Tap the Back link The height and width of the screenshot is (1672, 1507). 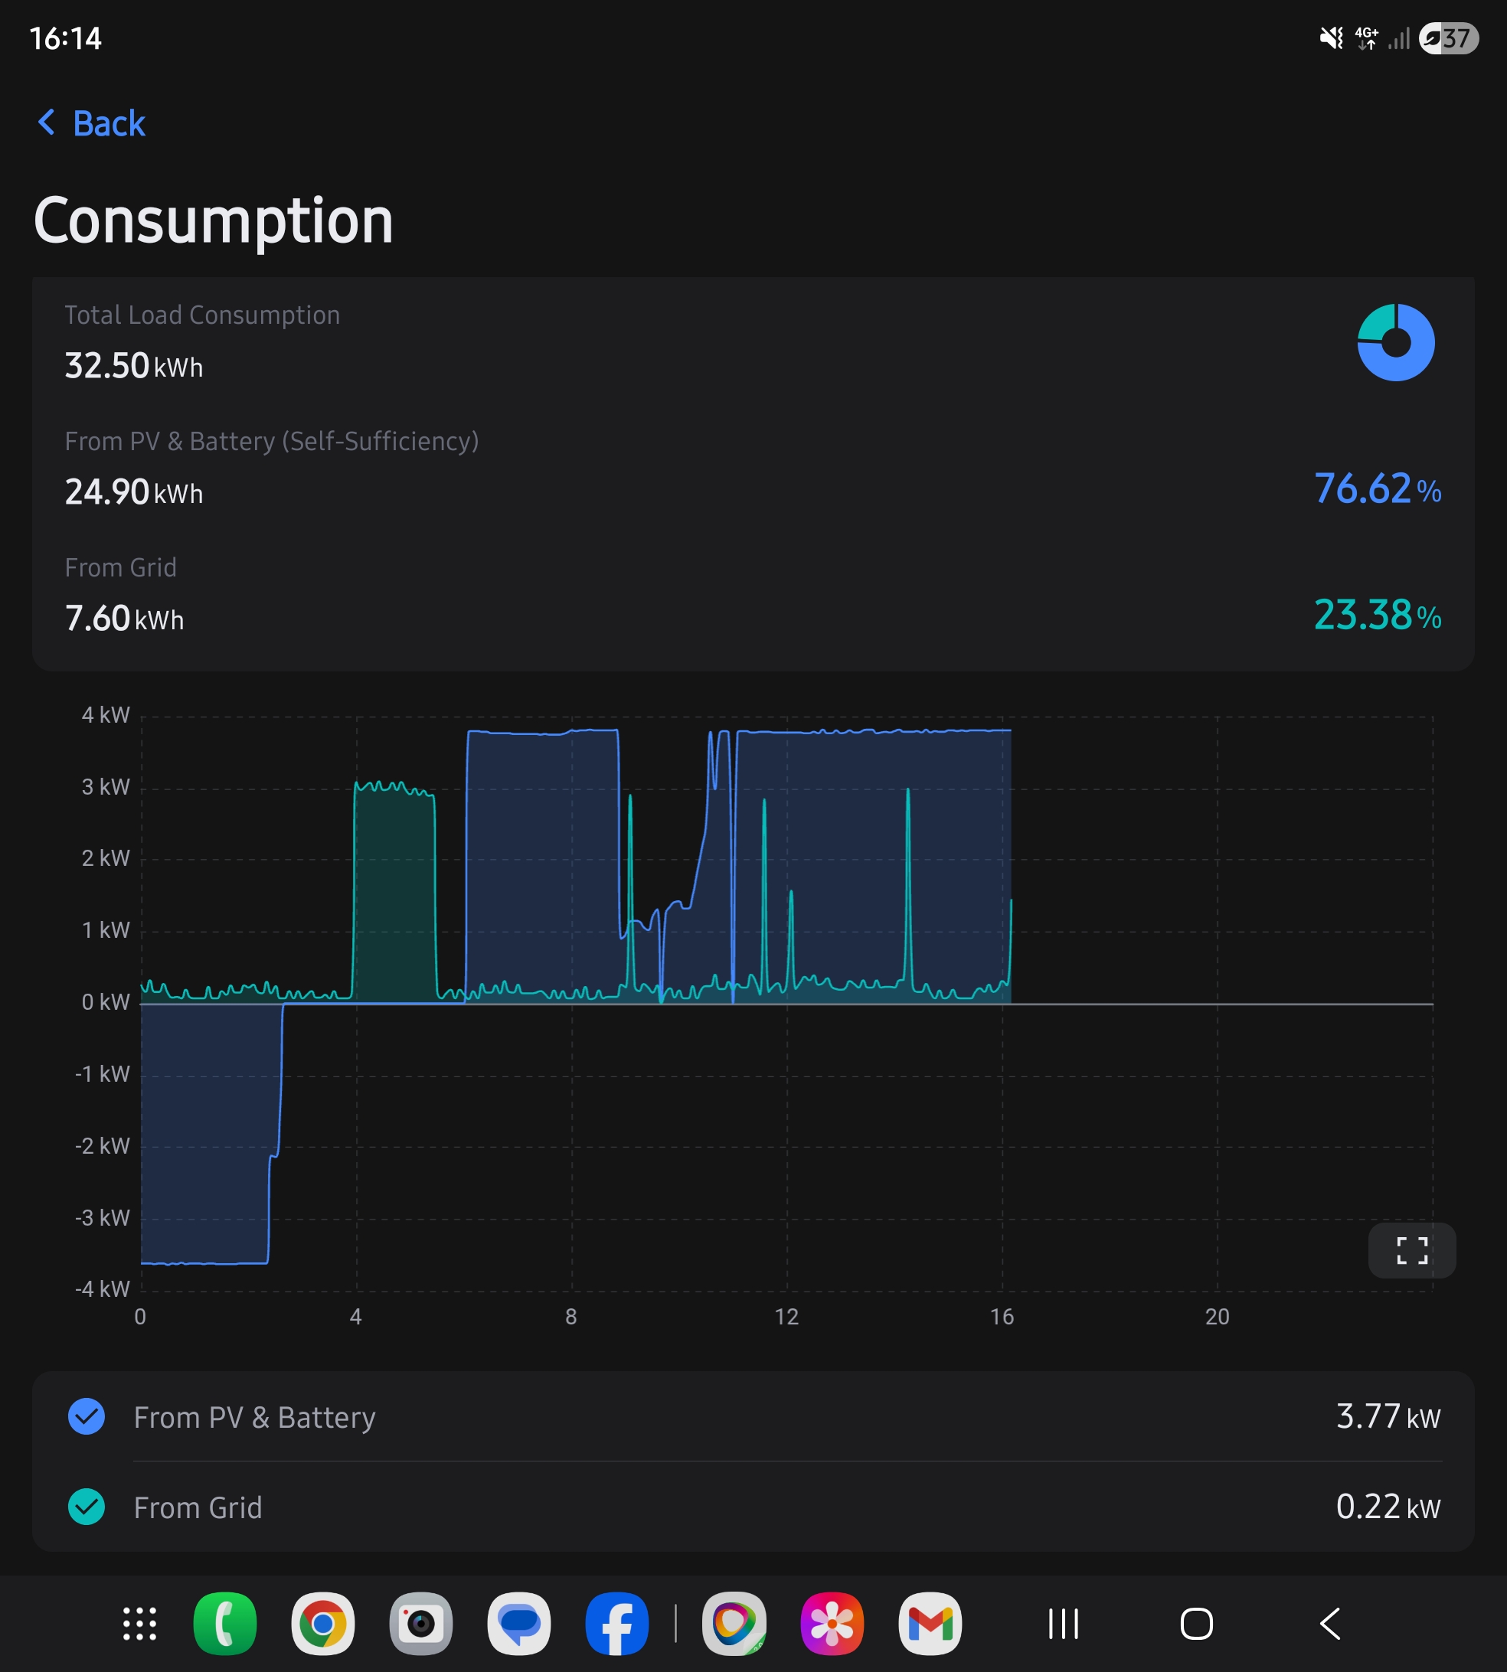[91, 123]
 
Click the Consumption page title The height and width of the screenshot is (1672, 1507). [213, 222]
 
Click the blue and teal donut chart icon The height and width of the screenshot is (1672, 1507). [1395, 343]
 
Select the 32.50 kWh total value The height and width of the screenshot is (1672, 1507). [134, 366]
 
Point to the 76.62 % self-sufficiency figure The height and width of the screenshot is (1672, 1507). [1377, 488]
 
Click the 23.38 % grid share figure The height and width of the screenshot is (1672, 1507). [1377, 615]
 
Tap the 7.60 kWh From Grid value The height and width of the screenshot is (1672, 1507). [124, 619]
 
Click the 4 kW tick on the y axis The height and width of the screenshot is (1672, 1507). [105, 715]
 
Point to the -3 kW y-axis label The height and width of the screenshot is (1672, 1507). [102, 1217]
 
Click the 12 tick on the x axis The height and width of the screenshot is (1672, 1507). [786, 1317]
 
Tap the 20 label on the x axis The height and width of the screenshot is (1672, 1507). [1218, 1317]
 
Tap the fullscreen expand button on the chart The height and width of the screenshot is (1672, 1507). [1412, 1250]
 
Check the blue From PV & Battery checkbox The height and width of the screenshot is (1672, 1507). [86, 1416]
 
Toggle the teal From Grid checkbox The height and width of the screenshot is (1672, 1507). [86, 1507]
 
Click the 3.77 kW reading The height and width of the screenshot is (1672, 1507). [1388, 1416]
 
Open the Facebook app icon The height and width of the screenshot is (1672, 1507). [617, 1623]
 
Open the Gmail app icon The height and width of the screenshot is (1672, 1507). [930, 1623]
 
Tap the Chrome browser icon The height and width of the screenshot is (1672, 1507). [323, 1623]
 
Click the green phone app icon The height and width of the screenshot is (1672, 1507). [224, 1623]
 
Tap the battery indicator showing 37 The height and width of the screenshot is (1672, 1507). [1448, 38]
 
